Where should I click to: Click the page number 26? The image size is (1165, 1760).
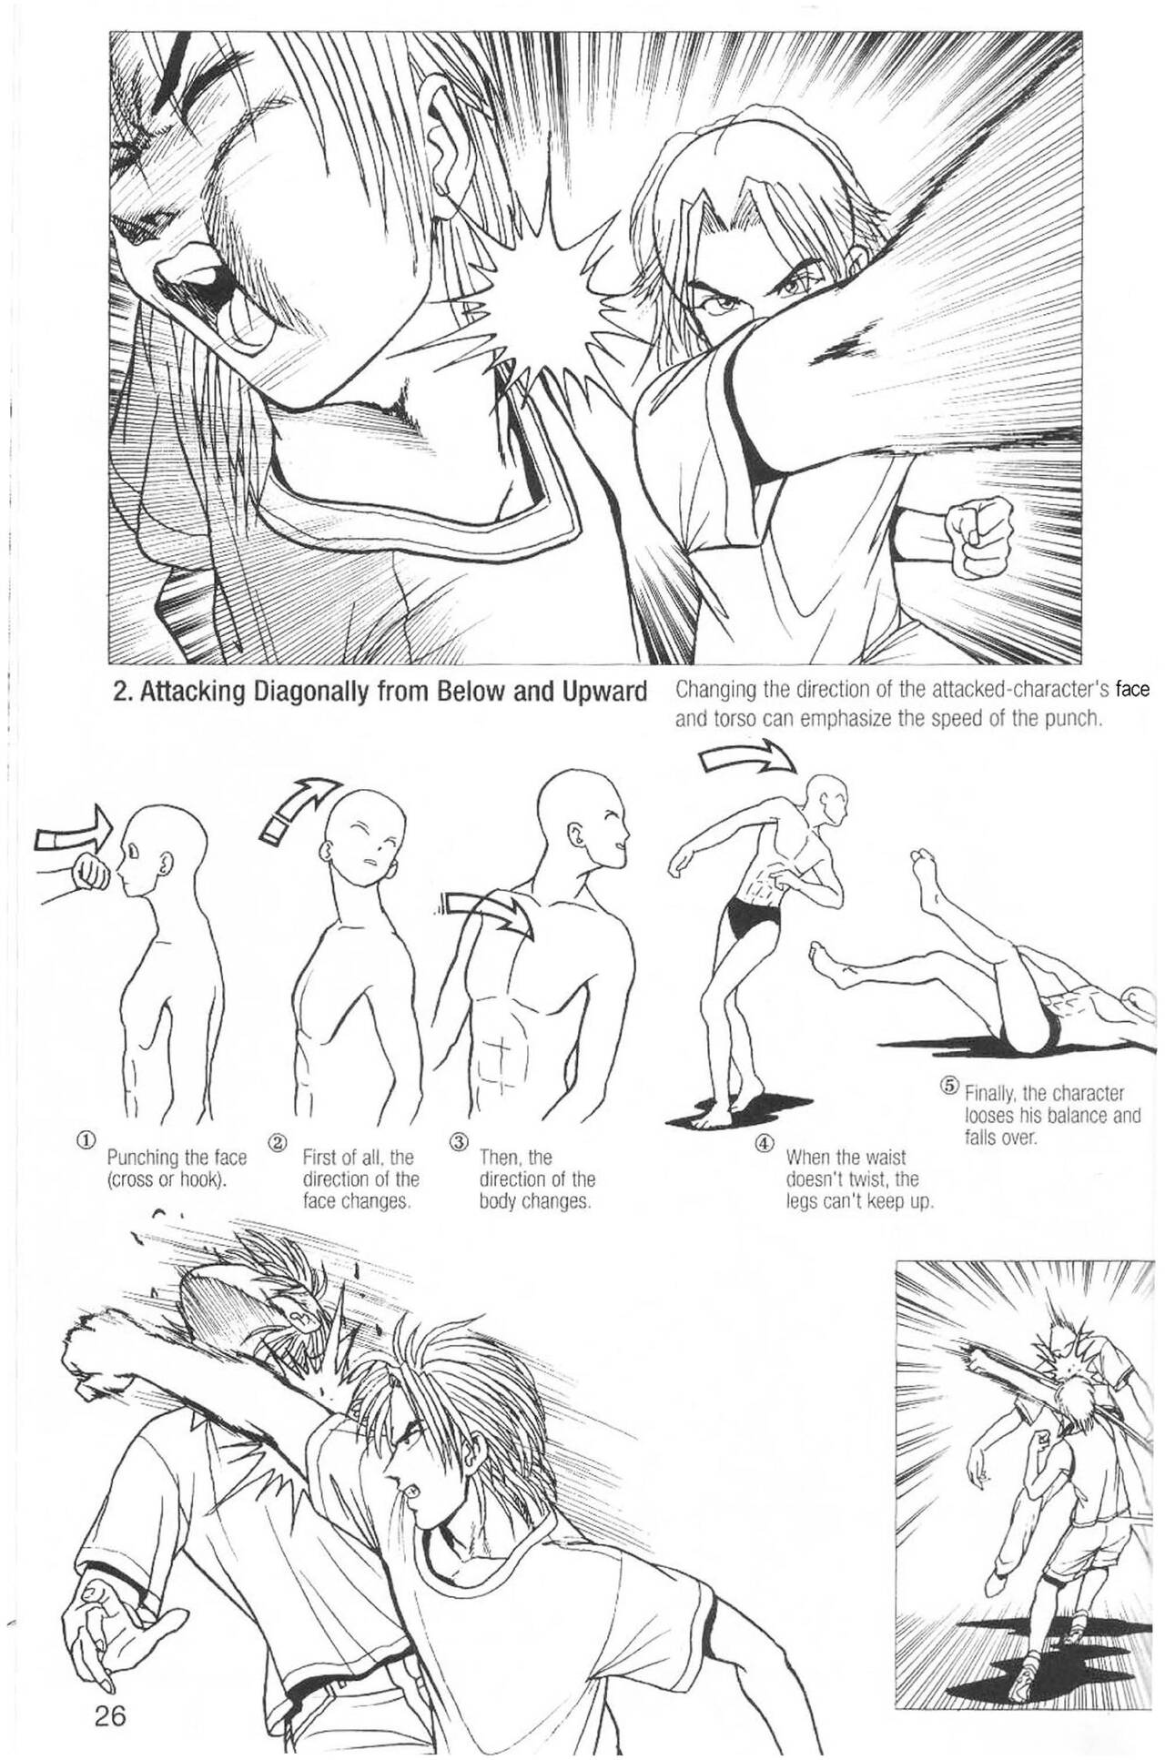click(108, 1692)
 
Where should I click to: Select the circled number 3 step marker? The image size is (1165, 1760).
click(460, 1139)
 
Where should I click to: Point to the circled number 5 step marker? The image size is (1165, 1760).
click(950, 1085)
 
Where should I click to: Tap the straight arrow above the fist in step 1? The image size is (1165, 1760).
click(73, 829)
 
